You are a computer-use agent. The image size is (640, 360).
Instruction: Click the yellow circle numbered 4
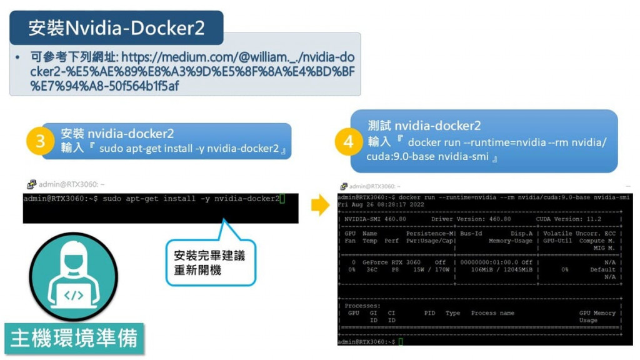click(x=348, y=142)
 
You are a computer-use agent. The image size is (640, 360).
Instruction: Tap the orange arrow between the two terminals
click(x=320, y=204)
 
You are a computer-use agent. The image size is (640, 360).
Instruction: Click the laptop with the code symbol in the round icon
click(x=74, y=294)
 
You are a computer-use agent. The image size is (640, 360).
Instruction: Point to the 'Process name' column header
click(x=492, y=313)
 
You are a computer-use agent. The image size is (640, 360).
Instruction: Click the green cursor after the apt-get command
click(x=282, y=199)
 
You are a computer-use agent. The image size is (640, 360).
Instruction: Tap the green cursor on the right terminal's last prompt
click(x=401, y=342)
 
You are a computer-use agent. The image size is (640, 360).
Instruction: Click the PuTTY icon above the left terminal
click(x=31, y=184)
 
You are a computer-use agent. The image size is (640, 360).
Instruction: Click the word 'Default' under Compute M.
click(x=602, y=270)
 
